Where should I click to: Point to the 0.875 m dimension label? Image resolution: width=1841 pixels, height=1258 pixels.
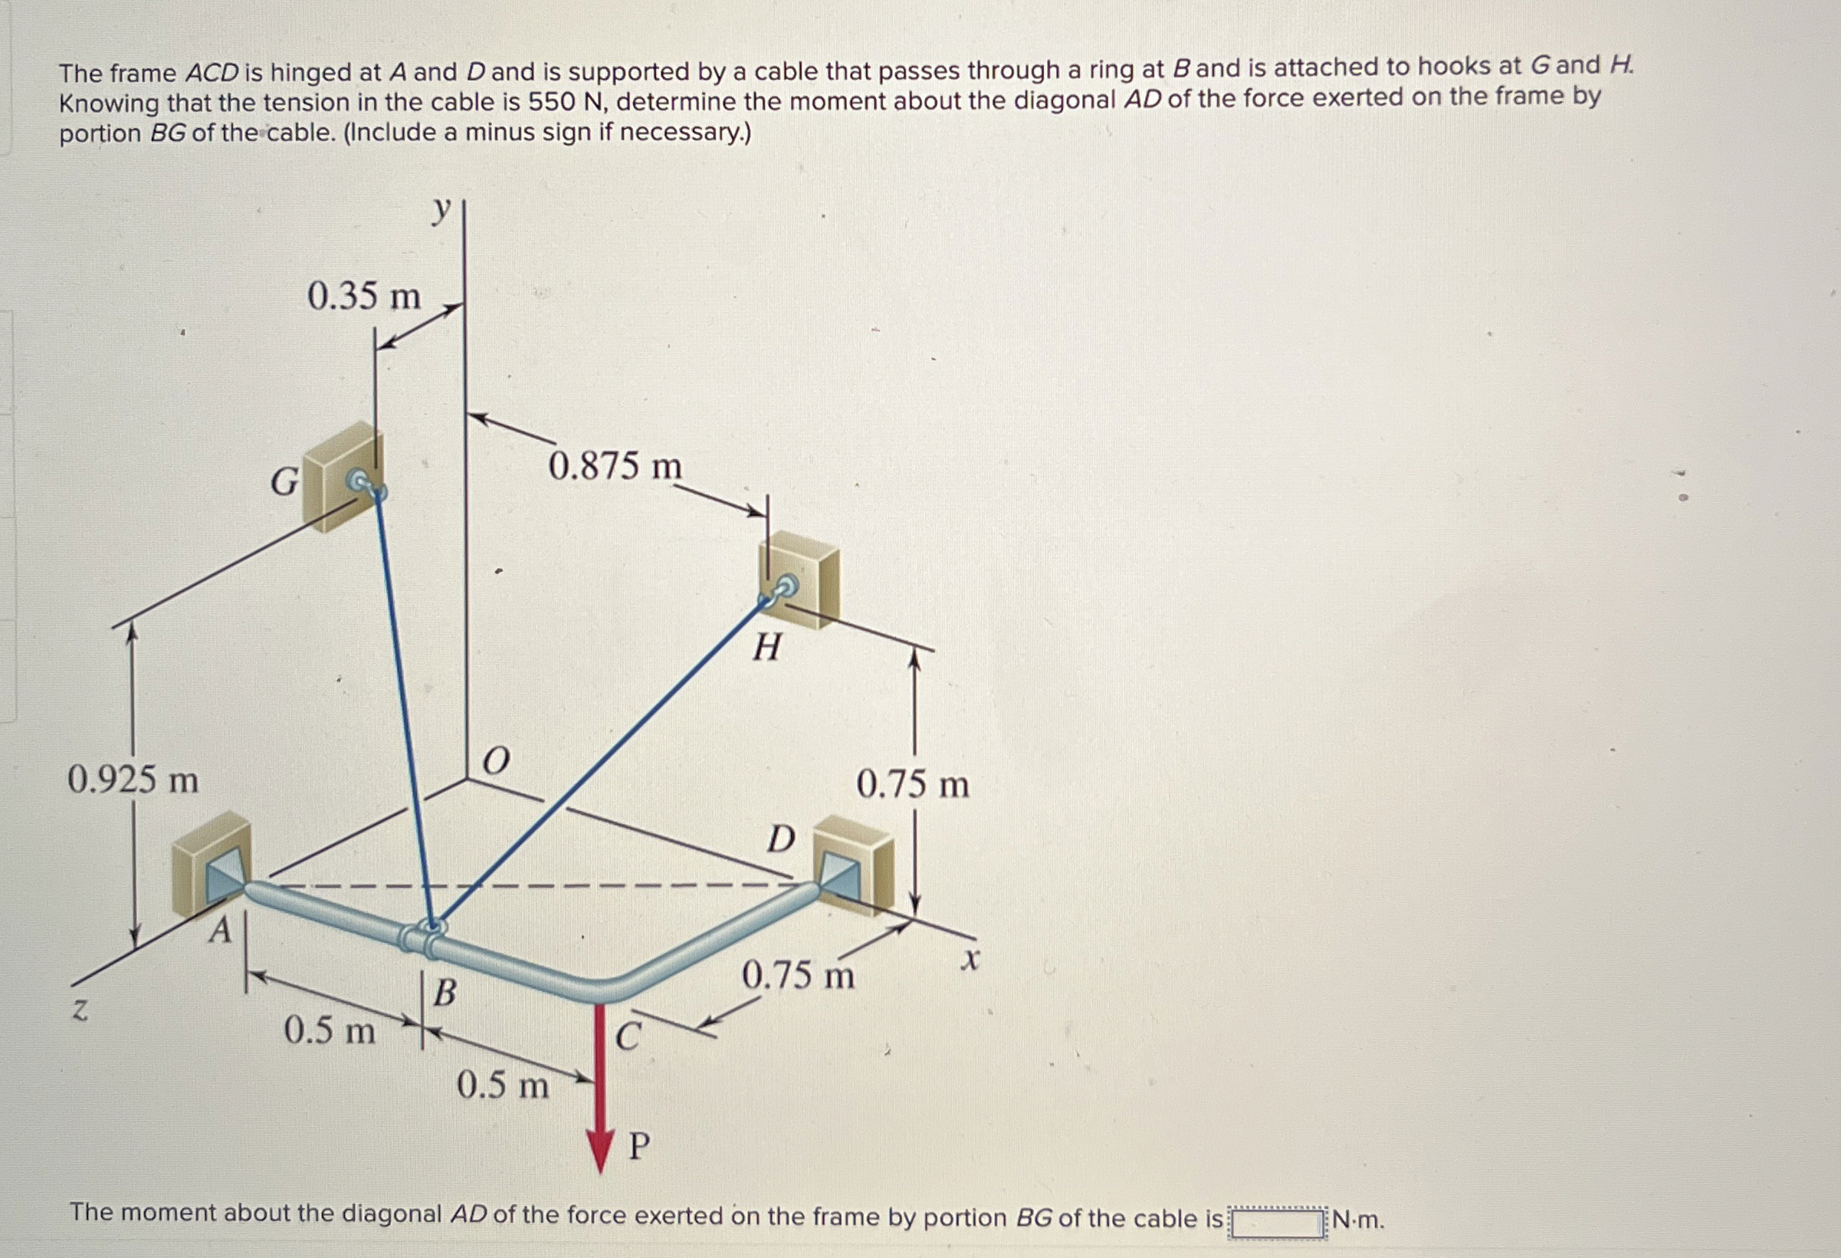click(x=615, y=465)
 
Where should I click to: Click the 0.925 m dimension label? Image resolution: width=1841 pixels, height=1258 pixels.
click(x=133, y=780)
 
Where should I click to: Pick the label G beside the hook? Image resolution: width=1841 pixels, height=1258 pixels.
click(x=284, y=481)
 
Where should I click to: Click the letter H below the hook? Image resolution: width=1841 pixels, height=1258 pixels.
click(x=766, y=648)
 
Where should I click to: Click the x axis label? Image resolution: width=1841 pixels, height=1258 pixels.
click(x=970, y=960)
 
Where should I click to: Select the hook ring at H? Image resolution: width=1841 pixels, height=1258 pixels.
click(x=786, y=587)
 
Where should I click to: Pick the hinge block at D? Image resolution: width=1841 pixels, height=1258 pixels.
click(x=853, y=865)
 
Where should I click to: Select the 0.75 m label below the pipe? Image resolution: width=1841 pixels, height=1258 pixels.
click(x=798, y=974)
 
